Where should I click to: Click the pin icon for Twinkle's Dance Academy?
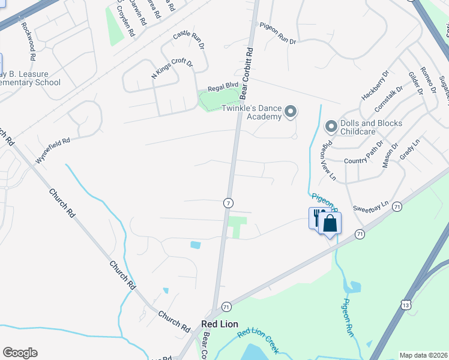click(291, 111)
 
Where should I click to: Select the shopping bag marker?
click(330, 224)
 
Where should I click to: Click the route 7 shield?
click(228, 203)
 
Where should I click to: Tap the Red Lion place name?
click(220, 324)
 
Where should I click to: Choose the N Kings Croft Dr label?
click(172, 70)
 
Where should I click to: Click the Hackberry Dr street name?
click(376, 88)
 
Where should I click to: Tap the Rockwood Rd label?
click(29, 38)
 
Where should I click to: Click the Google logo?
click(20, 353)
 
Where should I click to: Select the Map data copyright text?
click(423, 355)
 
